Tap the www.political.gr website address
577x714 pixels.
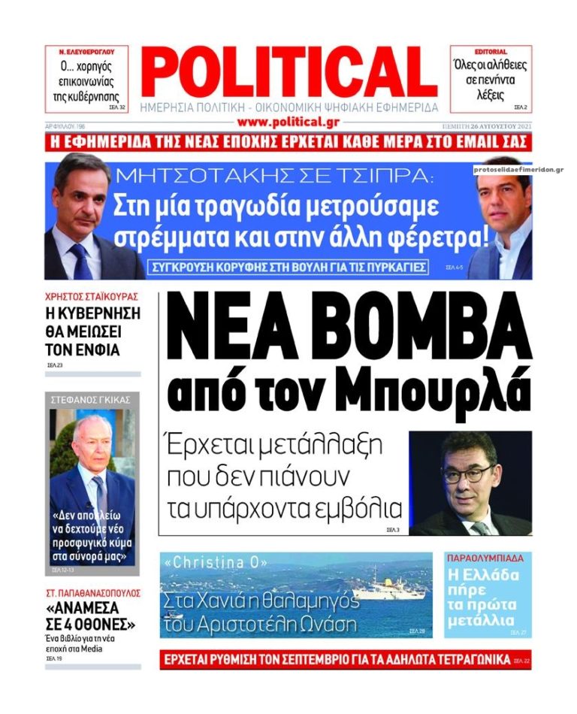(x=289, y=123)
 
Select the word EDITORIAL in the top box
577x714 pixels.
(x=491, y=52)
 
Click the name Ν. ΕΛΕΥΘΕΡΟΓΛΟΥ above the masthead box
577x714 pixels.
(x=86, y=52)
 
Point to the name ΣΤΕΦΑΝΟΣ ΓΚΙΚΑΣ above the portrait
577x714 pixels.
(x=89, y=400)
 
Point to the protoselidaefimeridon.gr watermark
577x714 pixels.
(x=518, y=169)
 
